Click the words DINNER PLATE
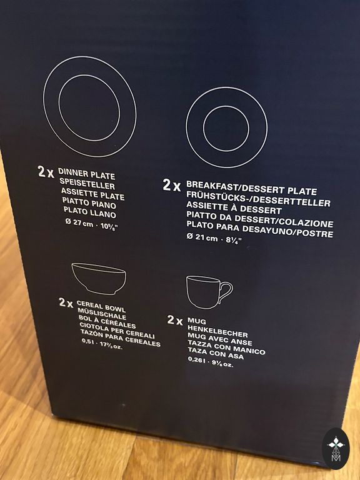(87, 174)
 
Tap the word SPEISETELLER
(87, 184)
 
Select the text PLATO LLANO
(90, 212)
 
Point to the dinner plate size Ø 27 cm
(79, 223)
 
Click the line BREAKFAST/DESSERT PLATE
(251, 188)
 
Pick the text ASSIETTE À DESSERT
(234, 208)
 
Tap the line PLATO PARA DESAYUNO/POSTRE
(259, 229)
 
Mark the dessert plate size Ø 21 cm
(202, 237)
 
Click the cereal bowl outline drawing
(99, 278)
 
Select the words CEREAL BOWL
(101, 306)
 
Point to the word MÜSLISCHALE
(102, 314)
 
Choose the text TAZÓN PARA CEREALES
(120, 338)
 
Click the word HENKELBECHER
(217, 331)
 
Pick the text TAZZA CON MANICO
(226, 347)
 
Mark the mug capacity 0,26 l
(197, 360)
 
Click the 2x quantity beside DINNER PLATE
(46, 172)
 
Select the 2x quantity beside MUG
(175, 320)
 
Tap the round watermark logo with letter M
(336, 449)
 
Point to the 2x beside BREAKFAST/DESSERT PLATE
(171, 185)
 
